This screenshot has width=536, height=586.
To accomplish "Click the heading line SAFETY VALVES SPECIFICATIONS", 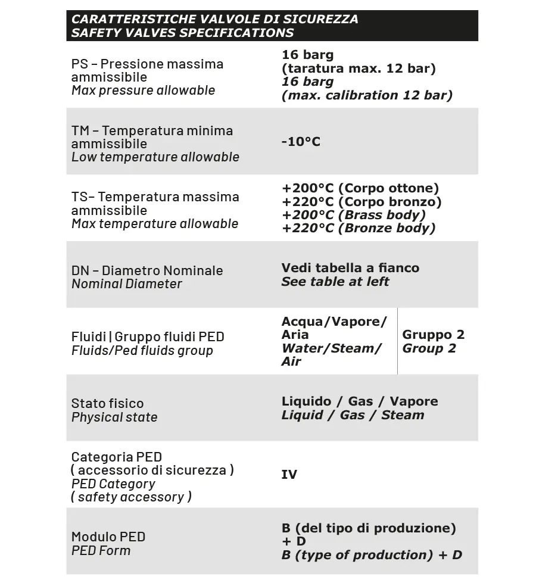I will [x=182, y=33].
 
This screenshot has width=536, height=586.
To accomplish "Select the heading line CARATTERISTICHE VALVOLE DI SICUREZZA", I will [x=214, y=19].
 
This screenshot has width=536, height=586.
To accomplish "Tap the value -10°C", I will [x=301, y=142].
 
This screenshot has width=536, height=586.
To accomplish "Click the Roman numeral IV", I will [x=289, y=475].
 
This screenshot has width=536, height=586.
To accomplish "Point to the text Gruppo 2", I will [x=433, y=335].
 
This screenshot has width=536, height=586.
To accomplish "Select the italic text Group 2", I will [x=429, y=348].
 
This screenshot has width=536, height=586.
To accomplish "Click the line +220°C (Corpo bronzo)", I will [x=362, y=202].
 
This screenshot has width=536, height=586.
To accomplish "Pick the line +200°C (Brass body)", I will [x=354, y=215].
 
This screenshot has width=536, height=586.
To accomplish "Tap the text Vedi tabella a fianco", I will [x=350, y=268].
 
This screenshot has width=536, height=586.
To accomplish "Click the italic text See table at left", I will [x=335, y=282].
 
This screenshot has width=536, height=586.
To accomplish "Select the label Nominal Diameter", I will [x=127, y=284].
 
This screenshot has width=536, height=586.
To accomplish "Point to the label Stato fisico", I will [x=107, y=404].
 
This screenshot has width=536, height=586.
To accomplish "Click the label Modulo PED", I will [x=108, y=537].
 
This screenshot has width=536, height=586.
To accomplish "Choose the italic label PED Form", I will [x=101, y=551].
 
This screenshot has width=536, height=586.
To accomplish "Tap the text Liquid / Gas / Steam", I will [x=353, y=415].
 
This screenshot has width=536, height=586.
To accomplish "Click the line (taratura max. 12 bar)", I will [x=359, y=68].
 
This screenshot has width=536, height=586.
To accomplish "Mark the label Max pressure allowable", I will [x=143, y=91].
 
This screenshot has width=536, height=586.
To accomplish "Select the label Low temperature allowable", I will [x=155, y=157].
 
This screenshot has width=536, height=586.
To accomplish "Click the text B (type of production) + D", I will [x=372, y=555].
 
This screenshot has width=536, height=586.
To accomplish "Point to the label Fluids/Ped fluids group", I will [x=142, y=351].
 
